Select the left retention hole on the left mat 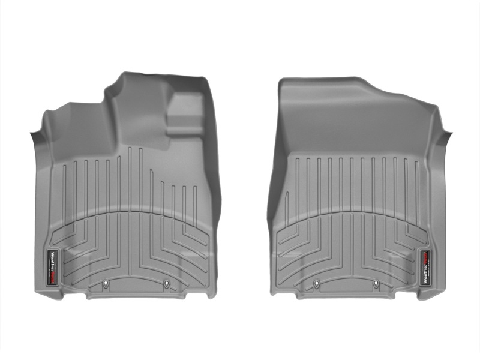pos(105,284)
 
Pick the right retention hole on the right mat pos(376,284)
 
